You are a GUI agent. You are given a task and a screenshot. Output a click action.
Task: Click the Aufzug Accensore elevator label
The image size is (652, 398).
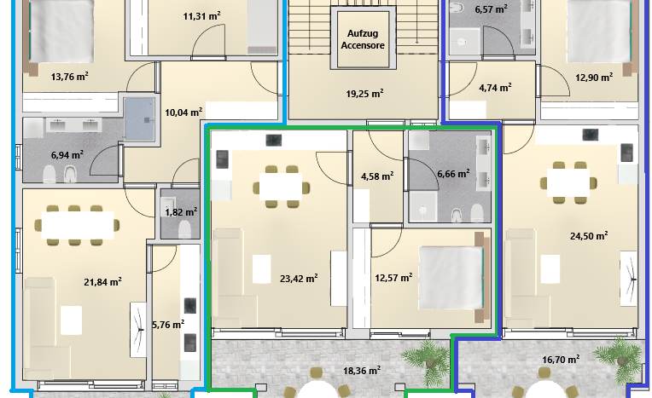pyautogui.click(x=363, y=39)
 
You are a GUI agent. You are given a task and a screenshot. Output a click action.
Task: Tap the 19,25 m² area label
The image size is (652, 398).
pyautogui.click(x=364, y=94)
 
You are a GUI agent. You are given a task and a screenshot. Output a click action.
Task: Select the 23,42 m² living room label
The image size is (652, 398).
pyautogui.click(x=299, y=278)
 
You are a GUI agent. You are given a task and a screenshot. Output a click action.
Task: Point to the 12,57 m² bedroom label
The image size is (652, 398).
pyautogui.click(x=393, y=277)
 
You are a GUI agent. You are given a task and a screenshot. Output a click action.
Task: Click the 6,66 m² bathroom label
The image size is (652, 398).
pyautogui.click(x=453, y=173)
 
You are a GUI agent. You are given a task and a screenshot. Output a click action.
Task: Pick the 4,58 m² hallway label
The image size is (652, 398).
pyautogui.click(x=377, y=176)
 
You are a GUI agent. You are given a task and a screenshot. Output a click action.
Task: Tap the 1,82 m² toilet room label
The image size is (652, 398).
pyautogui.click(x=181, y=212)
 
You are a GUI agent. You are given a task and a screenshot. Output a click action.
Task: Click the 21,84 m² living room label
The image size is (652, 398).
pyautogui.click(x=102, y=282)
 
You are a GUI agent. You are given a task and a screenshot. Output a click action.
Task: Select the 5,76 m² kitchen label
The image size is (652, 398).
pyautogui.click(x=168, y=325)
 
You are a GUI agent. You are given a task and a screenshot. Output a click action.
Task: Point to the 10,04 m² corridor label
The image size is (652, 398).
pyautogui.click(x=183, y=112)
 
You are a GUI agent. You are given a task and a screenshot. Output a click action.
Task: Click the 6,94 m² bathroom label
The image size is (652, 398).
pyautogui.click(x=67, y=155)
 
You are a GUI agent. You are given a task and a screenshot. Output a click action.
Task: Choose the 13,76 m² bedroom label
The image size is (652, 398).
pyautogui.click(x=69, y=77)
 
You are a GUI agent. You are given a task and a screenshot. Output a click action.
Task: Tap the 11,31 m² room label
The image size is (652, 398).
pyautogui.click(x=201, y=16)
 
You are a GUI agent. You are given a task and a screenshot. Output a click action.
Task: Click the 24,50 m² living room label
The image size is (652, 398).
pyautogui.click(x=589, y=235)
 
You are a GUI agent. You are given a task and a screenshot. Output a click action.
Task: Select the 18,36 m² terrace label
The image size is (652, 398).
pyautogui.click(x=361, y=370)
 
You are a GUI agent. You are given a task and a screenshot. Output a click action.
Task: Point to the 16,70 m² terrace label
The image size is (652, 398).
pyautogui.click(x=561, y=360)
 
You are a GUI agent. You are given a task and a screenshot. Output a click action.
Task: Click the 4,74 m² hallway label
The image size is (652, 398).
pyautogui.click(x=495, y=88)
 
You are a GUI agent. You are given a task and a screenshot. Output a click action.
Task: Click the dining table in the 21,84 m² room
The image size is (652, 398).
pyautogui.click(x=78, y=225)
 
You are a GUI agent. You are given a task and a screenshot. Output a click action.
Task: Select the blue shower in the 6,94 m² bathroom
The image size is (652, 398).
pyautogui.click(x=139, y=118)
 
